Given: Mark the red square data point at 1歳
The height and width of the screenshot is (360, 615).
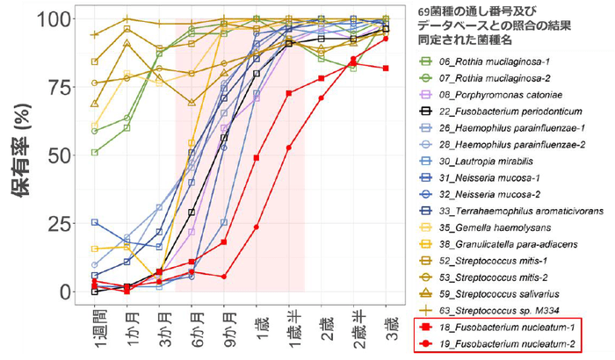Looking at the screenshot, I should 257,158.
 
